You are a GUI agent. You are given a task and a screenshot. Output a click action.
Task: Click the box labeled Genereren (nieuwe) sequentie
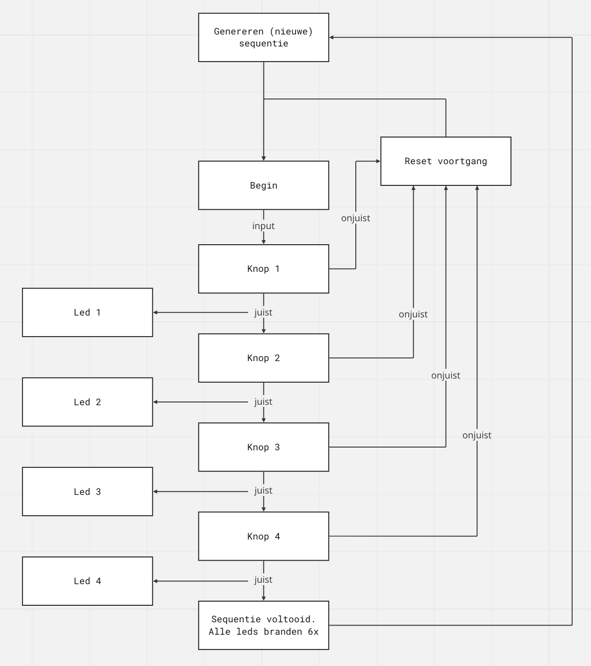[263, 37]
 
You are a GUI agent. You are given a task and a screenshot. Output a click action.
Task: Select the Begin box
[263, 185]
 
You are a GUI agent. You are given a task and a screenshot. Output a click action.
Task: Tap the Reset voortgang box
[446, 161]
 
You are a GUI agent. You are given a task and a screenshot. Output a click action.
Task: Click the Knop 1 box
[263, 269]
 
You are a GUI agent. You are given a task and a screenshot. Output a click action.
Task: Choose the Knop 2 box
[263, 358]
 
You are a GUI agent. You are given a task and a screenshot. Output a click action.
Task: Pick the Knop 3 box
[263, 447]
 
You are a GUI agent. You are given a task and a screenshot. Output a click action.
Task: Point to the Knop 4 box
[263, 536]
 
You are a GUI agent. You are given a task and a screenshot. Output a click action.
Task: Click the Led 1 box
[87, 312]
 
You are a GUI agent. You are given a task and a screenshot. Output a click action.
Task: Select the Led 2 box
[87, 402]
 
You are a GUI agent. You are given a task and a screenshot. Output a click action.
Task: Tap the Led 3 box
[87, 492]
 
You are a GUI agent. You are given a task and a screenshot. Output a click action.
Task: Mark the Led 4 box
[87, 581]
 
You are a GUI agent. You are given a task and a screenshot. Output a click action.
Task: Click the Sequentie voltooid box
[263, 625]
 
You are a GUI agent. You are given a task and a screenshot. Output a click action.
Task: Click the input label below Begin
[263, 226]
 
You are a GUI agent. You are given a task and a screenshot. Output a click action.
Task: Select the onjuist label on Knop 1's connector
[355, 218]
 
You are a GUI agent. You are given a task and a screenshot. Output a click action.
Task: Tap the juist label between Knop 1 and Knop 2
[263, 312]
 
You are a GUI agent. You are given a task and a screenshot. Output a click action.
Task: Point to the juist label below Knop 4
[263, 580]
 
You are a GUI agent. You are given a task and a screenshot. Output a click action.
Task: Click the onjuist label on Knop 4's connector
[477, 435]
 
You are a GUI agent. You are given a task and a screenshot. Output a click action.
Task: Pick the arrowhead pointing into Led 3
[156, 492]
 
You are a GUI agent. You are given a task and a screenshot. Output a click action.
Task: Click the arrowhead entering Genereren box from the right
[332, 37]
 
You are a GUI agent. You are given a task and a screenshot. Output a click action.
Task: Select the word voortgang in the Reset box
[462, 161]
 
